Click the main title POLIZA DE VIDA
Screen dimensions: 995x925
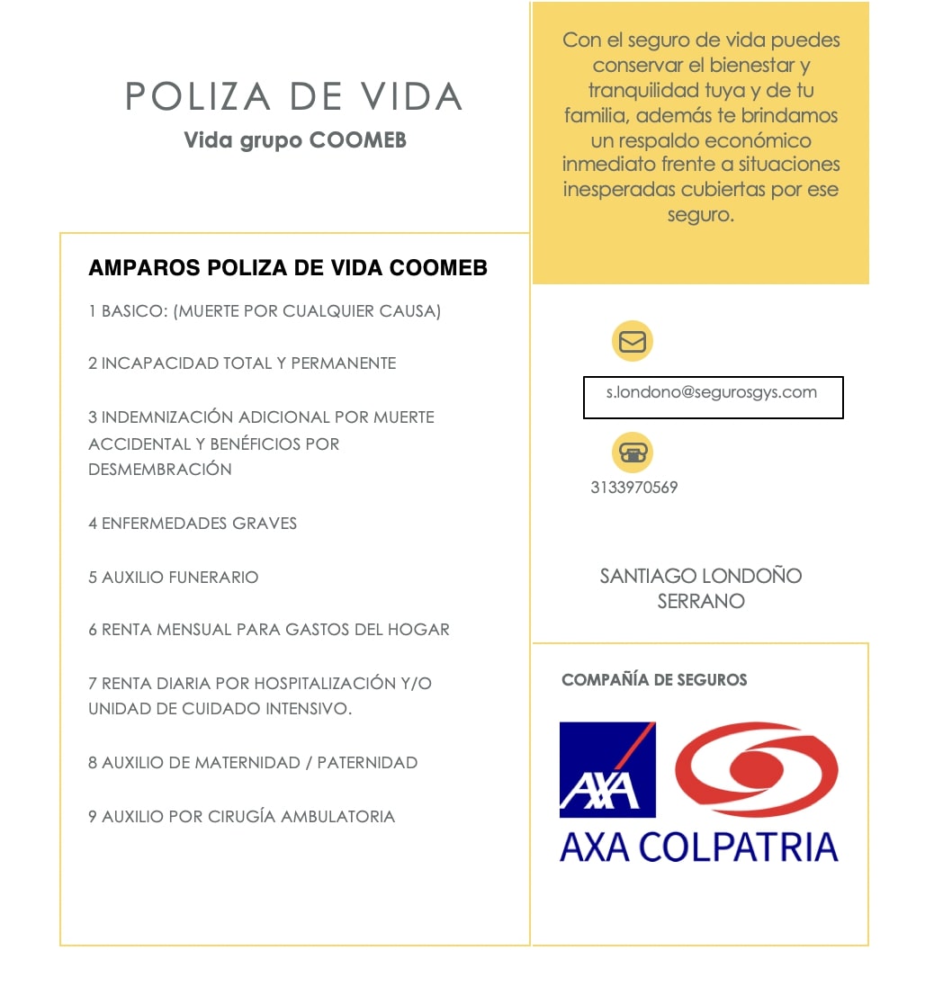(x=293, y=97)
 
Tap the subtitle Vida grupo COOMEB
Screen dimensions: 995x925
(x=295, y=141)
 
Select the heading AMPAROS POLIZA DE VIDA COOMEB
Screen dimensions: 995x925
(x=288, y=268)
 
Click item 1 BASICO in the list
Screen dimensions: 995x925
(x=265, y=311)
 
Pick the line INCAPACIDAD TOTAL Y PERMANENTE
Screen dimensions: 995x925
(x=242, y=363)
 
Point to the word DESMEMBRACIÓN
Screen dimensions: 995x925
(x=160, y=469)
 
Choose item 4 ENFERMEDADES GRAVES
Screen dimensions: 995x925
(x=193, y=523)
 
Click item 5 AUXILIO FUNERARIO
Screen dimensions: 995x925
(x=174, y=577)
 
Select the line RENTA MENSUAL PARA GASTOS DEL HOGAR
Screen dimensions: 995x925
(x=269, y=629)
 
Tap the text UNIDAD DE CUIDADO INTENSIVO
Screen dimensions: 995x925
(x=220, y=708)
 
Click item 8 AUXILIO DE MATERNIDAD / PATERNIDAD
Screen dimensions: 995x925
(x=253, y=762)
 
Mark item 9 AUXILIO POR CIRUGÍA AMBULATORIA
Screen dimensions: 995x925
(x=242, y=816)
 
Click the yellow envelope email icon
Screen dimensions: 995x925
(x=633, y=342)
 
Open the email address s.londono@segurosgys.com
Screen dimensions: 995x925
(x=712, y=392)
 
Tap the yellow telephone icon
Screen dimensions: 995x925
(x=633, y=453)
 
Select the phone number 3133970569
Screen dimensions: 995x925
(x=634, y=488)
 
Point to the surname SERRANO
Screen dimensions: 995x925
(x=701, y=601)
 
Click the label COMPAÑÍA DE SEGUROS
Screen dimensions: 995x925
(x=654, y=680)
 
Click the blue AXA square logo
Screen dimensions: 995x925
(x=607, y=769)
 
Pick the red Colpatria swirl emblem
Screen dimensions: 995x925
(x=757, y=769)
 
